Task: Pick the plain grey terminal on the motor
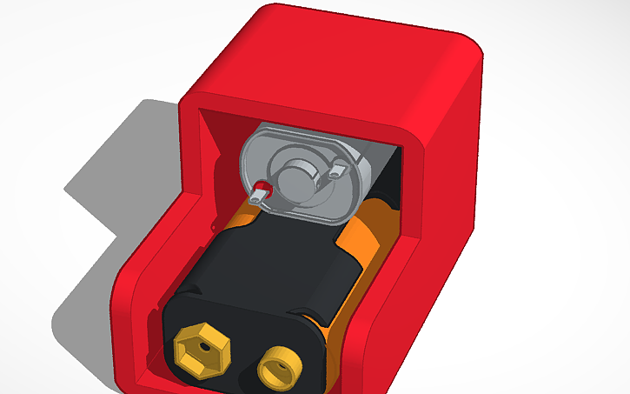(336, 171)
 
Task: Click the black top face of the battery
(269, 261)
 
